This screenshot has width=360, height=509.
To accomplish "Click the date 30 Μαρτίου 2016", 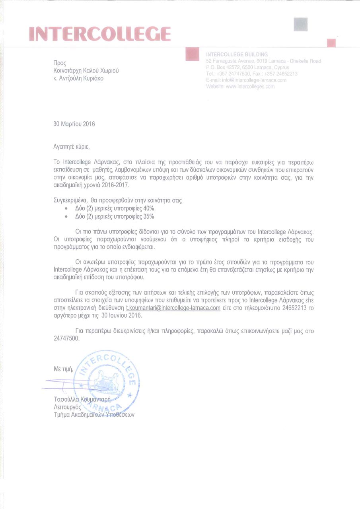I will click(x=74, y=124).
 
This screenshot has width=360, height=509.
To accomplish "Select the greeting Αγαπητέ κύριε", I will click(x=72, y=147).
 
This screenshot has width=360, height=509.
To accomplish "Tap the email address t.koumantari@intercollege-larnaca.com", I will click(x=173, y=309).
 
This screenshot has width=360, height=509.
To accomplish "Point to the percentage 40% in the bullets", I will click(x=149, y=208).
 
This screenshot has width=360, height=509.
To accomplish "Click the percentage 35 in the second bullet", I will click(x=148, y=216).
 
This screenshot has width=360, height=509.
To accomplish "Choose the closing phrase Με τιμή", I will click(x=64, y=369).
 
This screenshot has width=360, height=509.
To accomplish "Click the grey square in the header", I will click(x=301, y=24).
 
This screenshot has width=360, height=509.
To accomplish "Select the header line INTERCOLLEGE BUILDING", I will click(x=237, y=54).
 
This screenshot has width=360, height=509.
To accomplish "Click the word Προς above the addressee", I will click(x=60, y=63).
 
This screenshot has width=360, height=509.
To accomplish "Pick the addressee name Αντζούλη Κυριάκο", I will click(x=81, y=78).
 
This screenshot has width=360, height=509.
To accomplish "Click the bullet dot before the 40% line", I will click(x=66, y=209).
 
